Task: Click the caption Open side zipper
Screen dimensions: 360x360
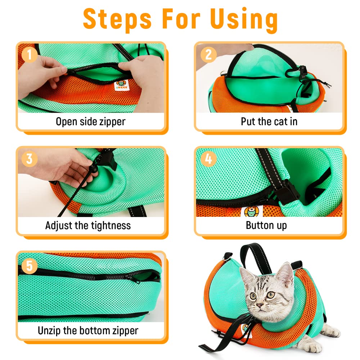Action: click(x=90, y=121)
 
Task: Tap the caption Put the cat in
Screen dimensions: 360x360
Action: click(x=269, y=121)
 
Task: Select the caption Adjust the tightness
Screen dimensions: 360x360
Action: click(x=88, y=226)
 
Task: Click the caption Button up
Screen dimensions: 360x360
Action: click(x=266, y=226)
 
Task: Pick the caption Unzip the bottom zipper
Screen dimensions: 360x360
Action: click(x=88, y=330)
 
